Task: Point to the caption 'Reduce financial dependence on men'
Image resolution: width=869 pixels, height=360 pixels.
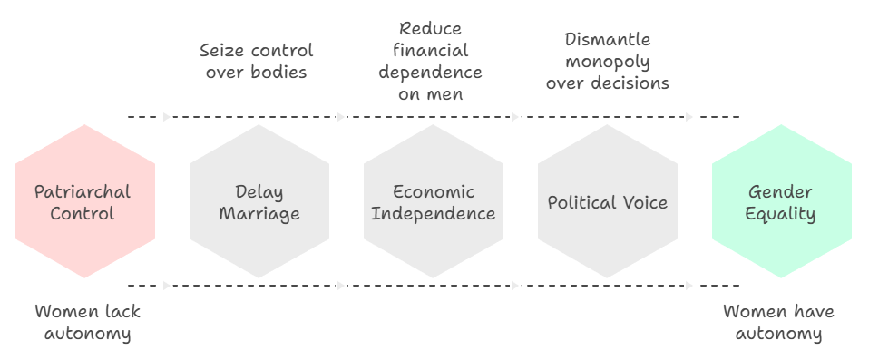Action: tap(431, 61)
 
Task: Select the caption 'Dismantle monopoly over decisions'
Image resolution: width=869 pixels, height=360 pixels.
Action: tap(607, 61)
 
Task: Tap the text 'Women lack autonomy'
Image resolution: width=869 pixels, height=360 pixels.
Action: tap(87, 323)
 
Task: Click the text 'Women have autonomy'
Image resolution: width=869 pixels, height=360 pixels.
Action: tap(778, 323)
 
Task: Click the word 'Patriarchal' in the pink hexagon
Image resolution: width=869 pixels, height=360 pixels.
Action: tap(83, 192)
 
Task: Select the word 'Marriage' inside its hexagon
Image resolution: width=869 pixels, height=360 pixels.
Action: tap(259, 215)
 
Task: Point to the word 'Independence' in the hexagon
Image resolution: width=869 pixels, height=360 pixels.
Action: tap(434, 215)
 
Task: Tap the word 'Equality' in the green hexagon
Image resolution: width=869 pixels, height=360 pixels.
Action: tap(782, 215)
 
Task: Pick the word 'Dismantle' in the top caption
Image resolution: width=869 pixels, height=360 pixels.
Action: tap(607, 39)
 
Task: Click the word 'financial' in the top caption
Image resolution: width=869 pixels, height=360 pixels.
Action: tap(431, 50)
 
